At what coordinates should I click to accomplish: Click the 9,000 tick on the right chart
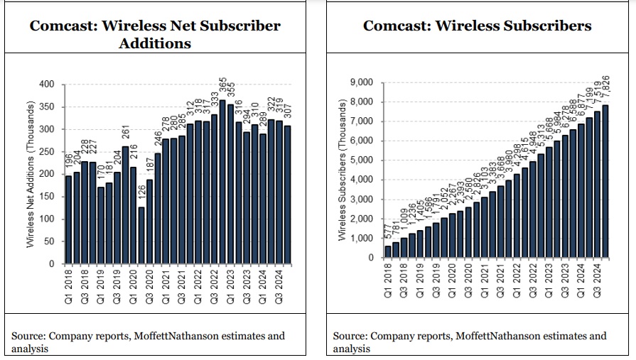click(362, 83)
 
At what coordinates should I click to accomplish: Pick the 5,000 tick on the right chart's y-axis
click(362, 160)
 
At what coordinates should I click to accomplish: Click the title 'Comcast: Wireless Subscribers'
click(477, 26)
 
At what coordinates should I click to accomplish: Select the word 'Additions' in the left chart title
click(155, 43)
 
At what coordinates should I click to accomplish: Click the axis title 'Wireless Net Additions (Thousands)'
click(31, 174)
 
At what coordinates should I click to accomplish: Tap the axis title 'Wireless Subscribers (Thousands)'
click(343, 171)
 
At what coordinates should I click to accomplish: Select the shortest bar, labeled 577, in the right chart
click(388, 252)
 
